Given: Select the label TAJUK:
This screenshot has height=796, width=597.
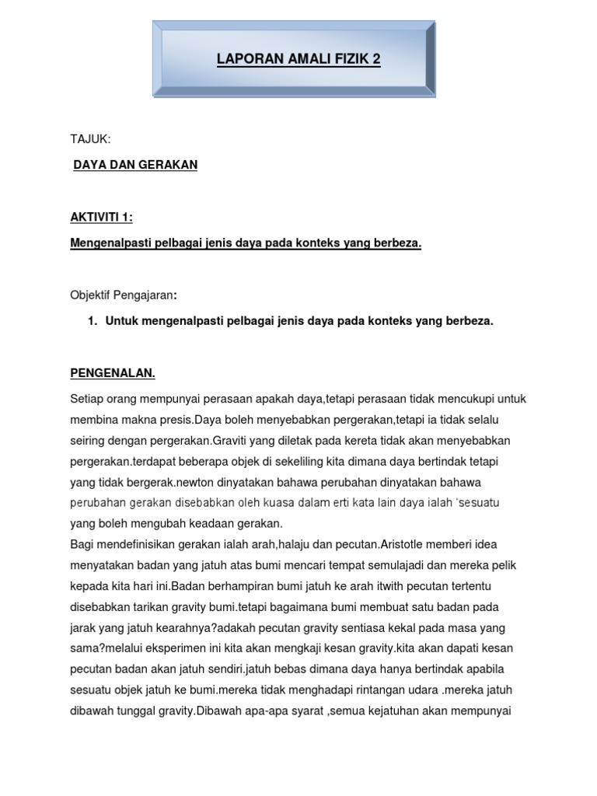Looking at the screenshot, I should click(x=90, y=139).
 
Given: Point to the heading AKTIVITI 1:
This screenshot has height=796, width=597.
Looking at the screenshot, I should click(x=101, y=218).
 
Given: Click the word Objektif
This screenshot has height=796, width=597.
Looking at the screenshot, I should click(x=93, y=295).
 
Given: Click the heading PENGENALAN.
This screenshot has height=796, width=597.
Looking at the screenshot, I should click(x=113, y=373).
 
